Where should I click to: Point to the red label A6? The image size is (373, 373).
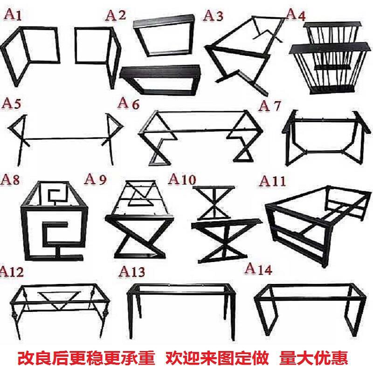pos(129,104)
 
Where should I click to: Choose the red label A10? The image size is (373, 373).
pos(182,180)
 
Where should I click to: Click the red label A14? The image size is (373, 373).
pos(258,269)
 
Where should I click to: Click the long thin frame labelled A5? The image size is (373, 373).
pos(65,135)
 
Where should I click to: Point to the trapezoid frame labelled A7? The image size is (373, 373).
pos(322,138)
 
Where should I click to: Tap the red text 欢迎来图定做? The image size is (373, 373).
pos(217,359)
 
